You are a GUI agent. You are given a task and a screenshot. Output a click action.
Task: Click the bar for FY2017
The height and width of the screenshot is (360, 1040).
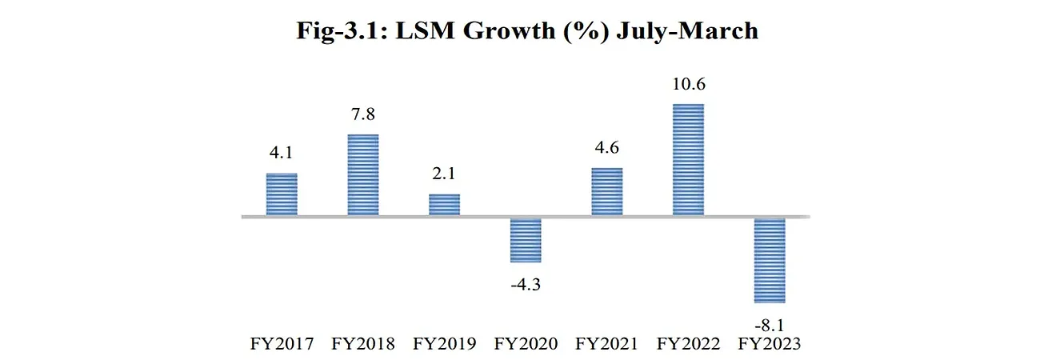coord(282,194)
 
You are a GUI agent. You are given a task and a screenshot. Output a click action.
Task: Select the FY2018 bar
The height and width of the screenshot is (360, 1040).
coord(363,174)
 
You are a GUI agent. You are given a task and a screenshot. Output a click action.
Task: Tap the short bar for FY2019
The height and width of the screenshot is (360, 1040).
coord(445,205)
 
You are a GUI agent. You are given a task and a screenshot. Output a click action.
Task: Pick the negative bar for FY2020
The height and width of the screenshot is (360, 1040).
coord(526,240)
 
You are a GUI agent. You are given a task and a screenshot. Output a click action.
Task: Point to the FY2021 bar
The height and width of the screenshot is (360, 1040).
coord(607,191)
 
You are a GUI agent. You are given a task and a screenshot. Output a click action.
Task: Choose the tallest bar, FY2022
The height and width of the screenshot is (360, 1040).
coord(688,159)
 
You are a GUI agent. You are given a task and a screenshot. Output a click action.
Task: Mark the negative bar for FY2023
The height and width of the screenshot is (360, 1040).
coord(770,260)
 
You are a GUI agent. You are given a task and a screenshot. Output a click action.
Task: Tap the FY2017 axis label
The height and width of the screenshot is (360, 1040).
coord(282,344)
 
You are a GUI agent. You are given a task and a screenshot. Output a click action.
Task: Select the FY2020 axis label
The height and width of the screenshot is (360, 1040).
coord(526,344)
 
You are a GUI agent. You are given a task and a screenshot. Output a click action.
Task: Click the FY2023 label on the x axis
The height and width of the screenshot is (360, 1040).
coord(770,344)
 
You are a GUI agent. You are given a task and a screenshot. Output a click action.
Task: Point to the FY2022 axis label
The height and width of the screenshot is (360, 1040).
coord(688,344)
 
